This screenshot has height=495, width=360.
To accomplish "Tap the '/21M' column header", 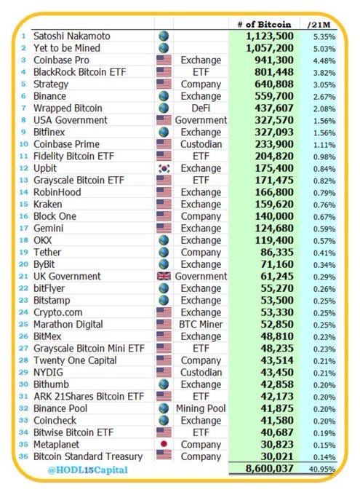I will [321, 23].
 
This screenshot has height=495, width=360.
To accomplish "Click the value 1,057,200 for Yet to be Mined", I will [271, 47].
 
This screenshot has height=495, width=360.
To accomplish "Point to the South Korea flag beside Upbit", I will [164, 168].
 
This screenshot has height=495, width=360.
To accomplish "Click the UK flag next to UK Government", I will [164, 276].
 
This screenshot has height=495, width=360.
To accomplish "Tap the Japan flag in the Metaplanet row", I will [164, 444].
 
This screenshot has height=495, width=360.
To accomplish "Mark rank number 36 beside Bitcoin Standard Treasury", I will [25, 456].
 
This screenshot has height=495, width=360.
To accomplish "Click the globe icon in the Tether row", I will [164, 252].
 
